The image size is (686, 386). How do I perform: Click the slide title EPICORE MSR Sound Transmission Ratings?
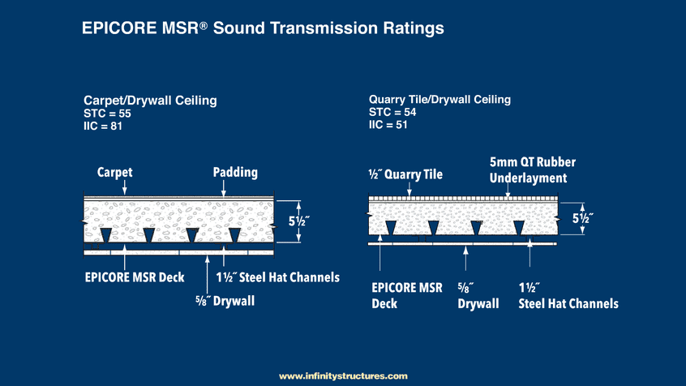[263, 28]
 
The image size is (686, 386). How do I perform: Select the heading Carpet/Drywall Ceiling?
[150, 101]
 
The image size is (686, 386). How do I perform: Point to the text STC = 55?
[107, 114]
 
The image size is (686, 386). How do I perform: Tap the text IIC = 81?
[103, 126]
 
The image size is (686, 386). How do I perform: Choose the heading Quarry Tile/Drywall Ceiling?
[439, 100]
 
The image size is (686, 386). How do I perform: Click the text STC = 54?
[392, 113]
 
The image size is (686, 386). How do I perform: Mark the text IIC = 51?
[388, 125]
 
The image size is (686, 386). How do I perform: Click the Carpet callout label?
[114, 173]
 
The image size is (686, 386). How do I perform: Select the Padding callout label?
[235, 173]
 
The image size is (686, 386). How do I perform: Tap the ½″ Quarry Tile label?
[405, 174]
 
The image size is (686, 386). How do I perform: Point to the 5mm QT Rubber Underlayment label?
[533, 170]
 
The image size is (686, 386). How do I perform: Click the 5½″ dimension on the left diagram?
[299, 221]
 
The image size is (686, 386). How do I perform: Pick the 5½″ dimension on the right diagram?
[583, 218]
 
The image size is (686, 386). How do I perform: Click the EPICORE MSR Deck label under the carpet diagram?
[135, 277]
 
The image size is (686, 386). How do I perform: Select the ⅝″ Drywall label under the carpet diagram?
[225, 301]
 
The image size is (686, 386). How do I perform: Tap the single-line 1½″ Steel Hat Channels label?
[278, 277]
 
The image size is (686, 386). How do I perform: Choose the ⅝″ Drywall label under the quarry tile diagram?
[478, 296]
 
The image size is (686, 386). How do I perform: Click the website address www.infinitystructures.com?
[344, 376]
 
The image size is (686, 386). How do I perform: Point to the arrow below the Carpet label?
[125, 187]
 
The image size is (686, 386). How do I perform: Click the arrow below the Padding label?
[224, 189]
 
